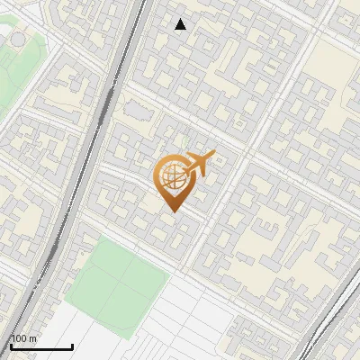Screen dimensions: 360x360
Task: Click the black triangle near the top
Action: (x=181, y=24)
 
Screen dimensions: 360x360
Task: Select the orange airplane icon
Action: (x=200, y=163)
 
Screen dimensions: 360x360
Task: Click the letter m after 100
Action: (x=33, y=338)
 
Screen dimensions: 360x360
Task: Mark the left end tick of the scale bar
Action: (x=11, y=346)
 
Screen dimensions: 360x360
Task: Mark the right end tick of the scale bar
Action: (x=72, y=346)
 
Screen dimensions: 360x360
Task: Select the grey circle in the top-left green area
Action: (x=16, y=40)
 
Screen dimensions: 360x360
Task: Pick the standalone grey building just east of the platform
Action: (x=138, y=111)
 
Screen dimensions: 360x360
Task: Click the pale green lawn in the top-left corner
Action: (x=13, y=63)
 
